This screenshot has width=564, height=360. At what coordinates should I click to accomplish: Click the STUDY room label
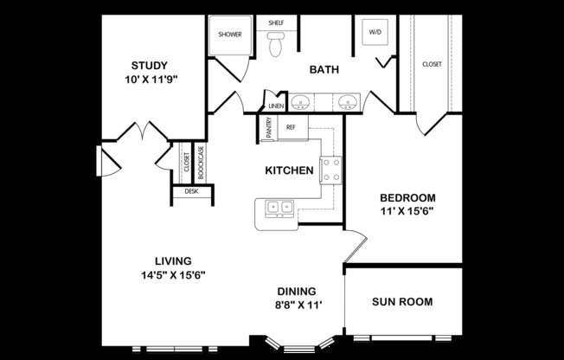point(149,66)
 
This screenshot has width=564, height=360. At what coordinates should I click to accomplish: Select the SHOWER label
point(230,35)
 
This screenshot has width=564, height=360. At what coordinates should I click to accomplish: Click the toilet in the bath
point(276,44)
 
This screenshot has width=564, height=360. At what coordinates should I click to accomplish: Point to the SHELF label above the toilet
point(276,23)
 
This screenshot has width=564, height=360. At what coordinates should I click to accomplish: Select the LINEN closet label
point(276,106)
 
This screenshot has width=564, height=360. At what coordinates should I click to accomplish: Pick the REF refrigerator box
point(291,127)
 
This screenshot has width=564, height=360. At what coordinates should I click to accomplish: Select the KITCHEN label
point(288,170)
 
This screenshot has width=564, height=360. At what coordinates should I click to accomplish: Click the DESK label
point(191,191)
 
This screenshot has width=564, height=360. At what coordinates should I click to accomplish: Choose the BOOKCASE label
point(201,163)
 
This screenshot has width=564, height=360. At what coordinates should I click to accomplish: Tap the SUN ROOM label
point(402,302)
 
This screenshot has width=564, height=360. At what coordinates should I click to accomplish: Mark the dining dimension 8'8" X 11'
point(297,305)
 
